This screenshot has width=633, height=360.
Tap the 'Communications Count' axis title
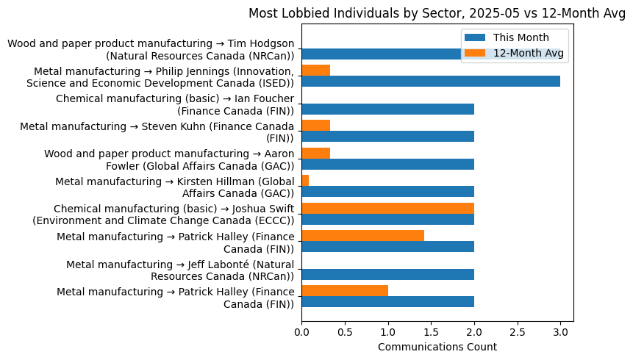click(437, 347)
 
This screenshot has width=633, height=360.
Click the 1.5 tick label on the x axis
click(431, 332)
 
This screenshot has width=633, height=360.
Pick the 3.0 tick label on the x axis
click(560, 332)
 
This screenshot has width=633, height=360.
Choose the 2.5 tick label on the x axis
click(518, 332)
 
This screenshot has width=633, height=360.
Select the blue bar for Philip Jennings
click(431, 82)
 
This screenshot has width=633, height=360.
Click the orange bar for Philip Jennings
click(315, 71)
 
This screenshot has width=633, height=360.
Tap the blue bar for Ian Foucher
click(387, 109)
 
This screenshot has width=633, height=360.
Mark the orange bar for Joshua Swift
click(387, 208)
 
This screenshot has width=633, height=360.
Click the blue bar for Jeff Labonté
click(387, 274)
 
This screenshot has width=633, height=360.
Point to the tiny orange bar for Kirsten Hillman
click(305, 181)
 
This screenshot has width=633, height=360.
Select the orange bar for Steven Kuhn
click(315, 126)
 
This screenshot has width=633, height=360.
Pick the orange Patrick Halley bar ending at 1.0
click(345, 290)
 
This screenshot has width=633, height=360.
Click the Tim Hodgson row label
click(151, 50)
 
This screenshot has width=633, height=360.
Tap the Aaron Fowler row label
click(169, 159)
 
